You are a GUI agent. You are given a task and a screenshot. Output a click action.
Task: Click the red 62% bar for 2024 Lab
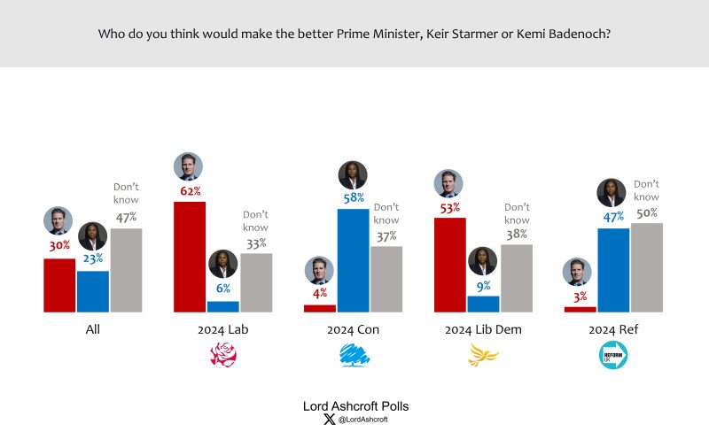[190, 257]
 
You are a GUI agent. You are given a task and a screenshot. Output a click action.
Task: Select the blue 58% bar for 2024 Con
[353, 260]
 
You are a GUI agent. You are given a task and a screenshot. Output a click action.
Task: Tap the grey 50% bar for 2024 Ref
[646, 267]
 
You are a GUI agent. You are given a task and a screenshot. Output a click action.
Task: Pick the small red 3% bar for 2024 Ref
[580, 309]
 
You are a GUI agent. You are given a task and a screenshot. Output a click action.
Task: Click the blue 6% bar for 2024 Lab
[222, 306]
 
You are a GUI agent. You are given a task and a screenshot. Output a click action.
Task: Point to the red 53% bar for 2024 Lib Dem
[450, 265]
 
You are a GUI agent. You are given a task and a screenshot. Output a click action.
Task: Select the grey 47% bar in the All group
[126, 270]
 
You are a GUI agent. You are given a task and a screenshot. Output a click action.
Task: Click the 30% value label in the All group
[59, 245]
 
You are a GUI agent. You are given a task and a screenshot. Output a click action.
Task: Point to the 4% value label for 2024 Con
[319, 293]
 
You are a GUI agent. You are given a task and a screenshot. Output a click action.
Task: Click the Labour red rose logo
[222, 356]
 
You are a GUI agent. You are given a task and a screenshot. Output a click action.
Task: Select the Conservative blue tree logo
[354, 356]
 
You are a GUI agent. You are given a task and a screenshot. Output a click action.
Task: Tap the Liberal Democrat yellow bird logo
[483, 356]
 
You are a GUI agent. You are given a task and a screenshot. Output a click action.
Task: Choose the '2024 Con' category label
[353, 330]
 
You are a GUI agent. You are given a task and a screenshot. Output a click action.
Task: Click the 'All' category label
[92, 330]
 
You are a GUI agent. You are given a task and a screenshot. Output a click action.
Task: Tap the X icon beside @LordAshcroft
[330, 420]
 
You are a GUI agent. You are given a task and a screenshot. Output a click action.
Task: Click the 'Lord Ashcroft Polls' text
[355, 406]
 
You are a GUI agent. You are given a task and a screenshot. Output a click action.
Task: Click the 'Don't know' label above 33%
[255, 221]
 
